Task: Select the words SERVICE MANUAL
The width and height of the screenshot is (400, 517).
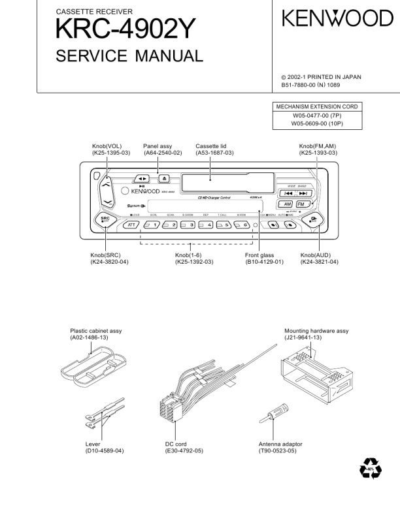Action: [x=129, y=56]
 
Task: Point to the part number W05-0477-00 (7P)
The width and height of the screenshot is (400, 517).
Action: [x=317, y=116]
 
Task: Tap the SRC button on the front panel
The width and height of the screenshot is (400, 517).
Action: [x=105, y=220]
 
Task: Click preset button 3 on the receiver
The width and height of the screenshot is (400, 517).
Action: [x=188, y=225]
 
